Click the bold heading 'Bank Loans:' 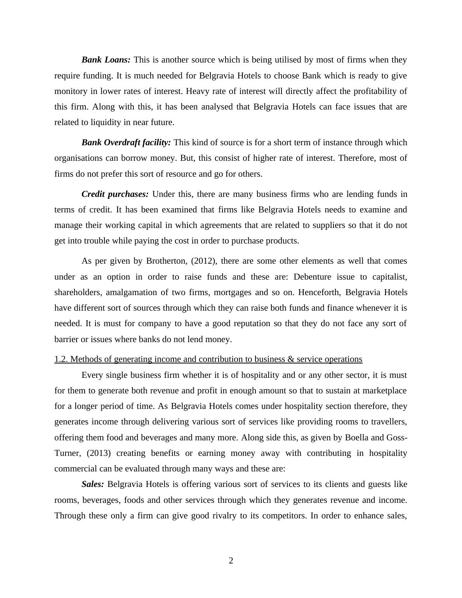[106, 60]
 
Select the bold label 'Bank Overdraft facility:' [126, 143]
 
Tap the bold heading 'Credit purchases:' [115, 194]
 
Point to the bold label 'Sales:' [93, 484]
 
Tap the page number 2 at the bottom [231, 561]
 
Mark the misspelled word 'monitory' [71, 91]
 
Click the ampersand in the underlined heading [291, 359]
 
